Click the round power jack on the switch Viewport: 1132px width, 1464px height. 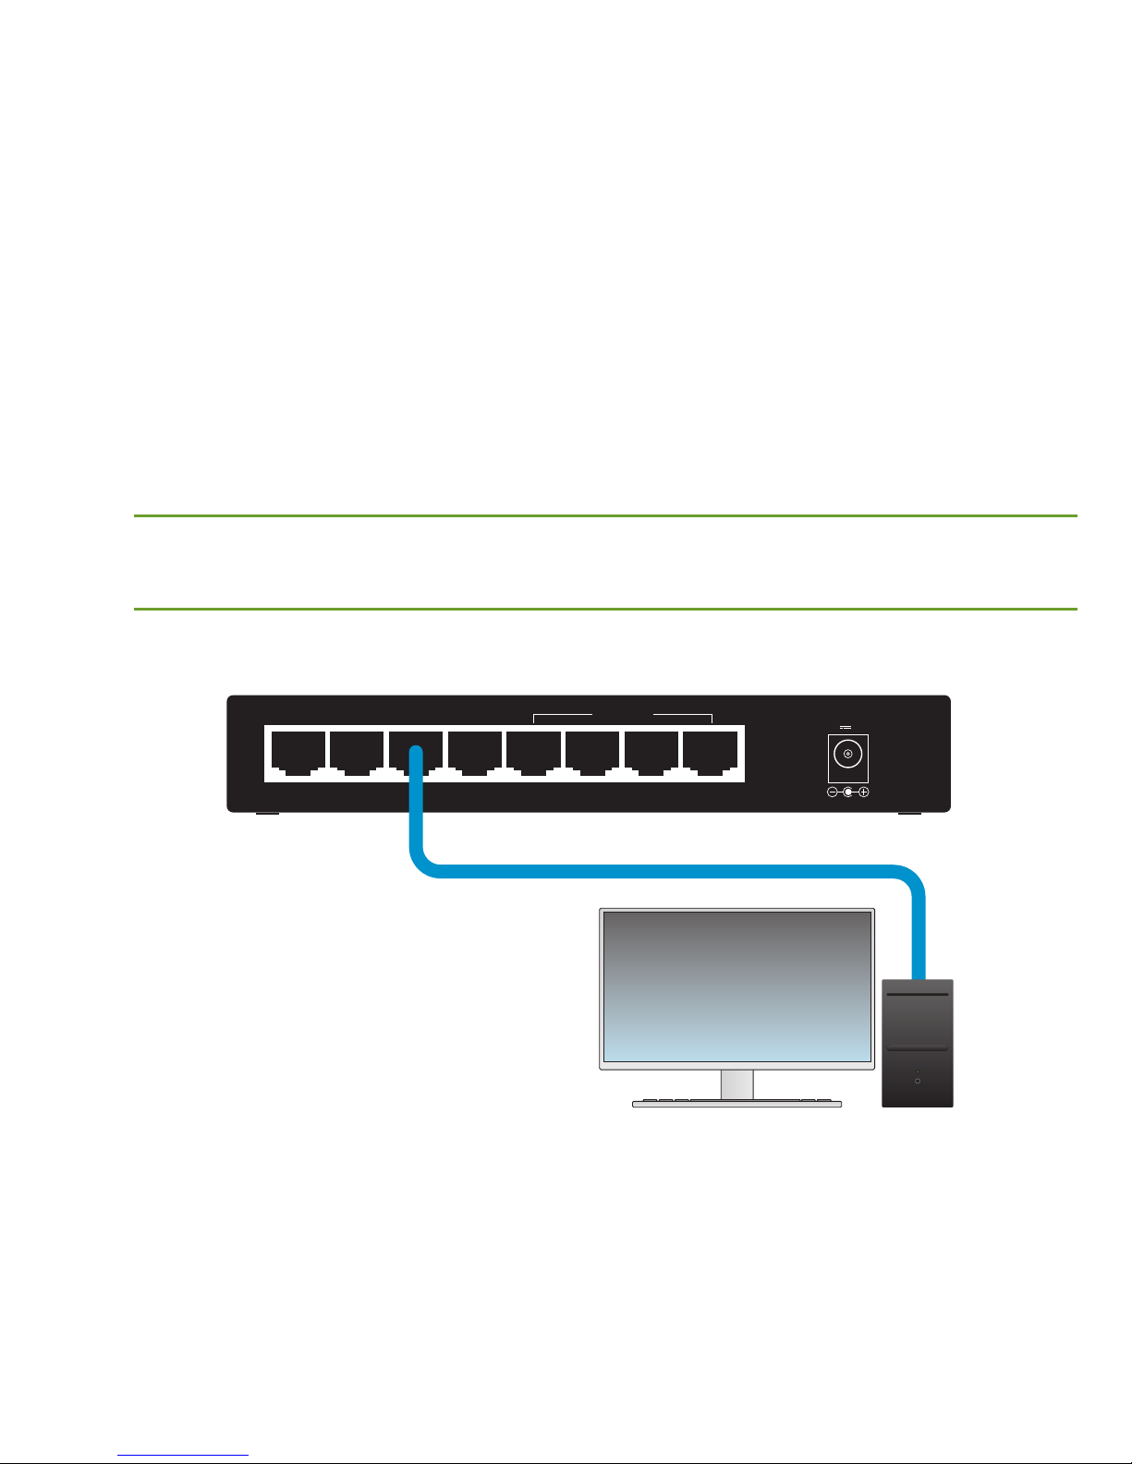point(847,755)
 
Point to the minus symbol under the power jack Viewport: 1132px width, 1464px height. point(832,792)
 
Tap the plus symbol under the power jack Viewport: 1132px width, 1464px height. point(863,792)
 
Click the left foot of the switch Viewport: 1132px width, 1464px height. point(267,814)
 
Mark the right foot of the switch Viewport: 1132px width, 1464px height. point(909,814)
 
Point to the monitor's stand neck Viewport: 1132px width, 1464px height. point(737,1084)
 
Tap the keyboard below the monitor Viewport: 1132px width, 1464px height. point(736,1103)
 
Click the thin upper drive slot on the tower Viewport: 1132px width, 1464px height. point(917,995)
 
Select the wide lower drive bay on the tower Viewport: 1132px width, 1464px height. point(917,1049)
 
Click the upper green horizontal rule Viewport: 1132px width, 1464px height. point(605,515)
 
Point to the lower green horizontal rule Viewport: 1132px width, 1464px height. point(605,609)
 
